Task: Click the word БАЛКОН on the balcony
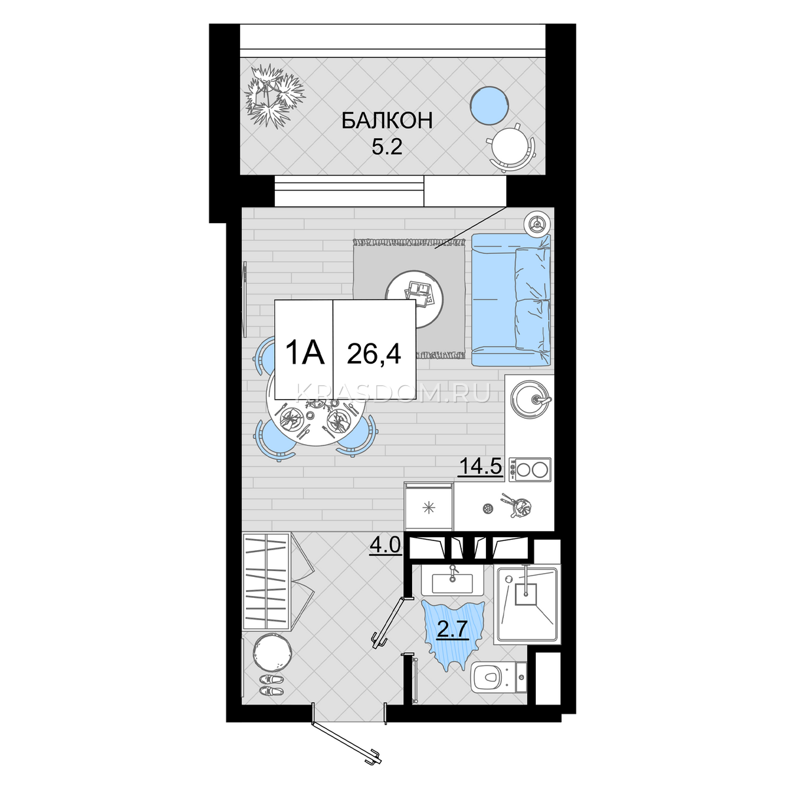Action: [x=387, y=121]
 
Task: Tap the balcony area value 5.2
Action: [x=387, y=147]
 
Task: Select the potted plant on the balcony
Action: [x=273, y=96]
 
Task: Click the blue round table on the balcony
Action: [x=489, y=105]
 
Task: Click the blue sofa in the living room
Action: [x=511, y=300]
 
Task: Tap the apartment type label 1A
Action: [x=305, y=353]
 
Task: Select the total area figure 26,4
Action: [x=374, y=353]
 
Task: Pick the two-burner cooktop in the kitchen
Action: [x=531, y=470]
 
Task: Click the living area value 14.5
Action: [x=481, y=466]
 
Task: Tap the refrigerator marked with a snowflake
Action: [x=428, y=506]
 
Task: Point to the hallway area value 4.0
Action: [x=386, y=546]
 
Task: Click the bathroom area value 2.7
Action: [x=452, y=630]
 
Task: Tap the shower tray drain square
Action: [x=526, y=595]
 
